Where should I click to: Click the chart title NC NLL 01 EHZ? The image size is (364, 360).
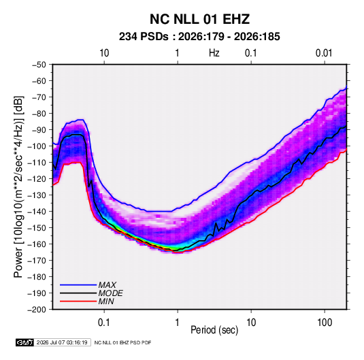(199, 19)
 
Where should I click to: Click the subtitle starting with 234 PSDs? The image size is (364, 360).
(199, 37)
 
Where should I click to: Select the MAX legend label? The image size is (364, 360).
(107, 285)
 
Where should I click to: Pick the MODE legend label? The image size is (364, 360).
(110, 293)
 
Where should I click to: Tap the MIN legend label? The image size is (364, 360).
(106, 301)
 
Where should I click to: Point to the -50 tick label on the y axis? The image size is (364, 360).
(39, 65)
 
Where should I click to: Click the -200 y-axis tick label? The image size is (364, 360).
(37, 310)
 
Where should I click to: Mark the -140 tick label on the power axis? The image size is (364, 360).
(37, 212)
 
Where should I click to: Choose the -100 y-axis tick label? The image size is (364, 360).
(37, 146)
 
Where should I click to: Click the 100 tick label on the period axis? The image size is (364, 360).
(325, 323)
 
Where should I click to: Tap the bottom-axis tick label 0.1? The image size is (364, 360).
(104, 323)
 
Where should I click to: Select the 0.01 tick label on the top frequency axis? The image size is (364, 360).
(324, 53)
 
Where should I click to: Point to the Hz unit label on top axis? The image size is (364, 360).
(214, 53)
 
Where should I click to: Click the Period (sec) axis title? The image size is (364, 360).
(214, 330)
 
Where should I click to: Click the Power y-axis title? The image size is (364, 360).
(18, 187)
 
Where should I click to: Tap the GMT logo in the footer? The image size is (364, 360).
(25, 342)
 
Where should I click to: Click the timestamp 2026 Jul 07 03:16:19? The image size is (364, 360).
(62, 342)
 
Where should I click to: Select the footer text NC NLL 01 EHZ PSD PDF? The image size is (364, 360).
(122, 342)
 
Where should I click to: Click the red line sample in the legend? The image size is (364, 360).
(78, 301)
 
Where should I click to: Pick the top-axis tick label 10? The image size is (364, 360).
(104, 53)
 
